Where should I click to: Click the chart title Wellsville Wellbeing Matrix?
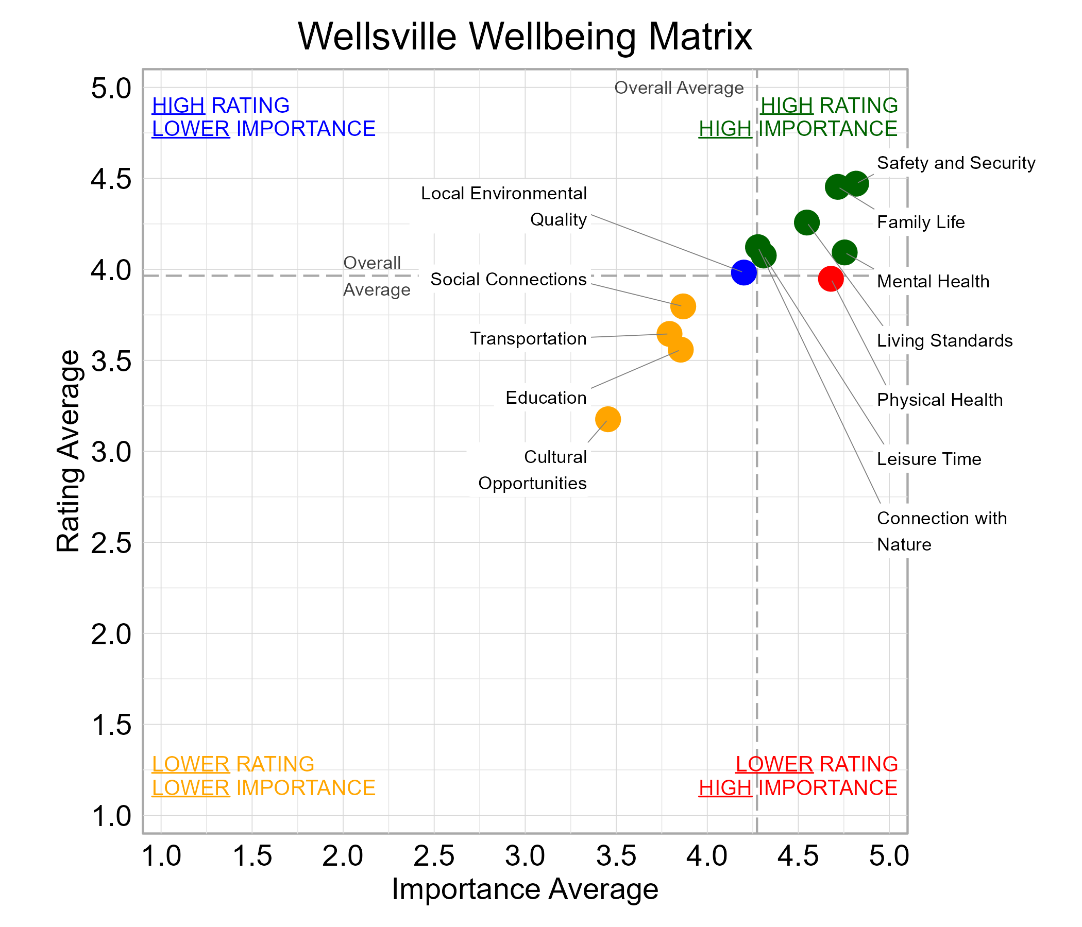[x=525, y=37]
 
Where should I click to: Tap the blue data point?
[x=743, y=272]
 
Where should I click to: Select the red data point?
[x=830, y=278]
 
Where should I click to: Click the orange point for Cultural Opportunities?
[x=607, y=419]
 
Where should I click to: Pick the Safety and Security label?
[x=955, y=163]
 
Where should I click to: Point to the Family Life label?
[x=920, y=222]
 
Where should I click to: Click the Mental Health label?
[x=933, y=281]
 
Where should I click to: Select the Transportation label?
[x=528, y=339]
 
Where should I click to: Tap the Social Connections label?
[x=508, y=280]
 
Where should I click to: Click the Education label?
[x=546, y=398]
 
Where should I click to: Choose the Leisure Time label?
[x=928, y=459]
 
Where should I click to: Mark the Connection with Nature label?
[x=941, y=531]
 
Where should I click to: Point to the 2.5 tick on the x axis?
[x=433, y=856]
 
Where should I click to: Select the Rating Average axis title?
[x=69, y=452]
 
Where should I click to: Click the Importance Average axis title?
[x=525, y=889]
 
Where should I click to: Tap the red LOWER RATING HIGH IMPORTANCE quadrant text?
[x=798, y=776]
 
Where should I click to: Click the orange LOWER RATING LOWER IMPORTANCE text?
[x=263, y=776]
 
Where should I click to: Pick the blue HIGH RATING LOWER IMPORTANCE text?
[x=263, y=117]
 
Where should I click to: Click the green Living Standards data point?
[x=806, y=222]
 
